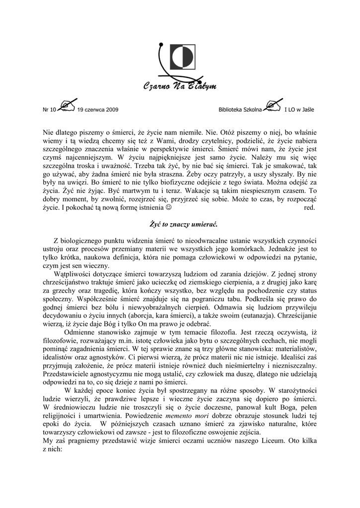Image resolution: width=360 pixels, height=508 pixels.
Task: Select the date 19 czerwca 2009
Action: [x=98, y=110]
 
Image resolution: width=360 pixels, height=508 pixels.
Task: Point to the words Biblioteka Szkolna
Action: [x=240, y=110]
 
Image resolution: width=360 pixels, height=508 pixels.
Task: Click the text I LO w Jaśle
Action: [x=299, y=110]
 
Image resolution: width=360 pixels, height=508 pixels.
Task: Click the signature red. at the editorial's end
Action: [x=309, y=207]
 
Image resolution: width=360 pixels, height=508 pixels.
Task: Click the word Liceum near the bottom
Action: [x=269, y=442]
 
